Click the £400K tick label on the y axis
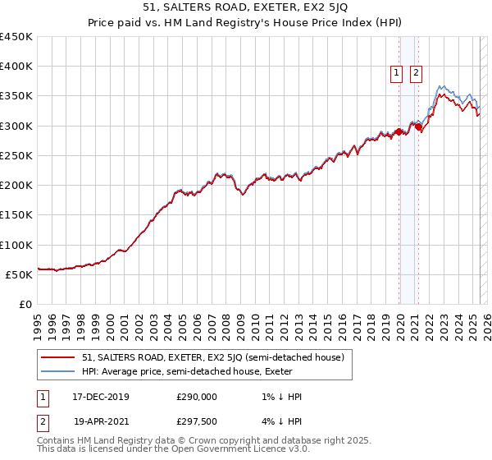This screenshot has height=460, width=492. (x=16, y=67)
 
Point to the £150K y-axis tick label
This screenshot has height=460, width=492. (x=16, y=215)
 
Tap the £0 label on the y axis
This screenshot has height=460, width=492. (x=25, y=305)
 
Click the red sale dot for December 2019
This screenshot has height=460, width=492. (x=399, y=131)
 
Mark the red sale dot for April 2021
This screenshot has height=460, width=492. (x=418, y=127)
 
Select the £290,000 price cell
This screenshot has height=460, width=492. (x=197, y=397)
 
